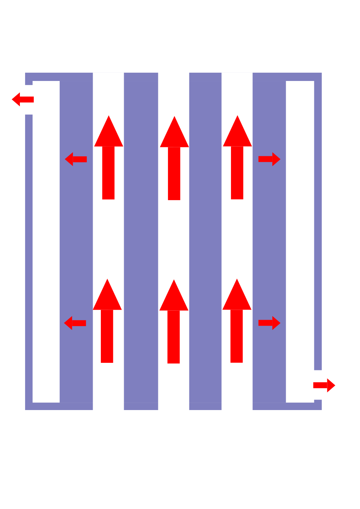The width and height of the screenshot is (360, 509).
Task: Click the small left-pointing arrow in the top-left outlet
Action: (x=22, y=99)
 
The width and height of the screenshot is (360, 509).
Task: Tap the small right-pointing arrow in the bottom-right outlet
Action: (x=324, y=385)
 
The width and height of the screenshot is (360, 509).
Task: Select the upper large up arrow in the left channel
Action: (x=108, y=157)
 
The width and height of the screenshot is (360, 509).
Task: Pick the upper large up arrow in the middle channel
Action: (x=174, y=158)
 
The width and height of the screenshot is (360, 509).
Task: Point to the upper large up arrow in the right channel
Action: (x=237, y=157)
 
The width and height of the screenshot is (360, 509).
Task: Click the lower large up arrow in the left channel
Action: (x=107, y=321)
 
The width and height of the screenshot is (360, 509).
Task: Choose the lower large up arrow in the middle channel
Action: (x=174, y=322)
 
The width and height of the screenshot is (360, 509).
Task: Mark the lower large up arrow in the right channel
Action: (x=237, y=321)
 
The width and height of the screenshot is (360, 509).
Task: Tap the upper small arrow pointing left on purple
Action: (x=76, y=159)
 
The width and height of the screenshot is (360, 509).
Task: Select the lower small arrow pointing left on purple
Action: (x=75, y=323)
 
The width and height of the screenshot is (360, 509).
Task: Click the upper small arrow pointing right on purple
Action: (x=269, y=159)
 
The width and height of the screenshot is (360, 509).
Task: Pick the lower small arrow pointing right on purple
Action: (x=269, y=323)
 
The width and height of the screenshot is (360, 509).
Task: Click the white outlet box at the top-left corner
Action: (x=17, y=109)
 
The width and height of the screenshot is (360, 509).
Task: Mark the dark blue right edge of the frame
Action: (x=318, y=225)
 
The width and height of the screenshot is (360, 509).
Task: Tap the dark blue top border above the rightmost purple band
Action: (x=269, y=76)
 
